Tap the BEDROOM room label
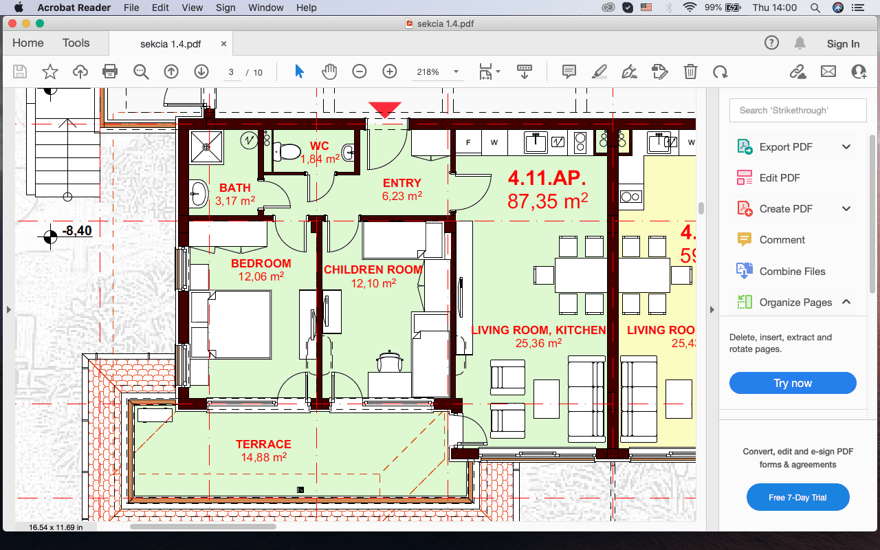(x=261, y=263)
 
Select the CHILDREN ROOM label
(x=373, y=269)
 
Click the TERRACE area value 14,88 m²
(x=263, y=456)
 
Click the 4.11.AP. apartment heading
(x=547, y=178)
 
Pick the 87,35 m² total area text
(x=547, y=201)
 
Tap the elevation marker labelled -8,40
(x=76, y=231)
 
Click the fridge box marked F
(x=469, y=143)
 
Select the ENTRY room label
(x=402, y=183)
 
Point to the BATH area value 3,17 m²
(x=235, y=201)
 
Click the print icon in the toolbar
(x=110, y=71)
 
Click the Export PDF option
(x=785, y=146)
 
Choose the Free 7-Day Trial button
(x=797, y=497)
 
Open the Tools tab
(x=76, y=43)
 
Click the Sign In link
(x=843, y=43)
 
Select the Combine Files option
(x=792, y=271)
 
